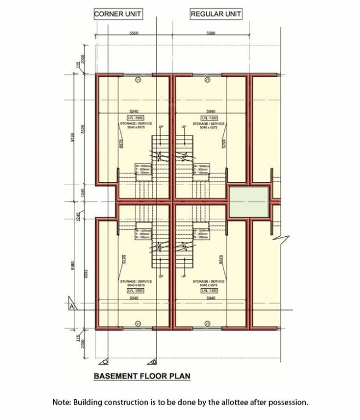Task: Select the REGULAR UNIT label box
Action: point(216,14)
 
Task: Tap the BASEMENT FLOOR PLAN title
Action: point(142,376)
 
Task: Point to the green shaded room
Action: point(248,201)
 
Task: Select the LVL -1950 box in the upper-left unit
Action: point(134,118)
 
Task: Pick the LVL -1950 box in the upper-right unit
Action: point(209,118)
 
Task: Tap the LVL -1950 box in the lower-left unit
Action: point(134,290)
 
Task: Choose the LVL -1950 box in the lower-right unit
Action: point(209,290)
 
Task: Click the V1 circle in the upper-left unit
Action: point(138,80)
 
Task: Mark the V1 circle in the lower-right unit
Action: point(207,324)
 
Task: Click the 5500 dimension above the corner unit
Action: point(134,33)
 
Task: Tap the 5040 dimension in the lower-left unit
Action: point(134,298)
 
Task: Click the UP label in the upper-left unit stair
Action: point(161,127)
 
